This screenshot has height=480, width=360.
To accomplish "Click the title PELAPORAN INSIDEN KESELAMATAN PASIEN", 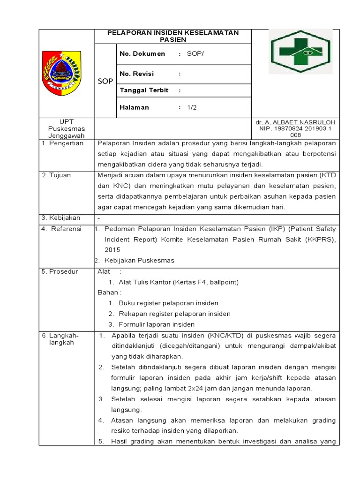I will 173,36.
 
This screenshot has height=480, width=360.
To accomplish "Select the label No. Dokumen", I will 142,54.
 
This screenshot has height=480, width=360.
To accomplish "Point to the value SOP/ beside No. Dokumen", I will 195,54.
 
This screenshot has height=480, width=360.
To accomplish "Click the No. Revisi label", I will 137,74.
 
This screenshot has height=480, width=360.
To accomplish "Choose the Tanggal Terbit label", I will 144,90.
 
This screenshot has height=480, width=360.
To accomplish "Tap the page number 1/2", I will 192,107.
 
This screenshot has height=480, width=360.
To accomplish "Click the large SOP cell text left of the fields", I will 105,81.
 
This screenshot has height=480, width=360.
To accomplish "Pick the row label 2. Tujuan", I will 56,175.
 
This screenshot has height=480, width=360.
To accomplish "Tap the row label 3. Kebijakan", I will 61,217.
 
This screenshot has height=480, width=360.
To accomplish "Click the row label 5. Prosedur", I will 60,271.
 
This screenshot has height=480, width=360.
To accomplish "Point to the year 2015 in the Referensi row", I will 112,250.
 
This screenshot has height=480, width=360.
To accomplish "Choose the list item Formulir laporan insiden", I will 157,324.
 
